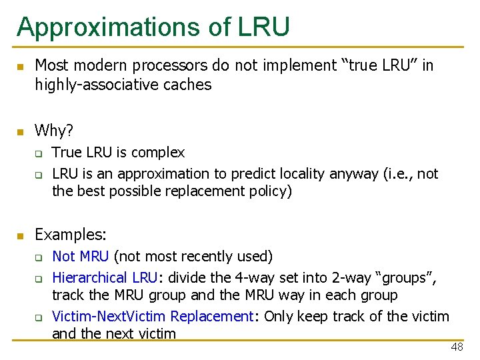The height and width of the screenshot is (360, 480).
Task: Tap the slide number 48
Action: (457, 347)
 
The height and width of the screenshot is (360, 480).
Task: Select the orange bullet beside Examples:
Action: (21, 235)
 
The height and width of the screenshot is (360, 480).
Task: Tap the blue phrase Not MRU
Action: (80, 257)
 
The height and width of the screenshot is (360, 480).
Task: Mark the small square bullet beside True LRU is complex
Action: (39, 154)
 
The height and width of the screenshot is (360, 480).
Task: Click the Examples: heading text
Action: (70, 235)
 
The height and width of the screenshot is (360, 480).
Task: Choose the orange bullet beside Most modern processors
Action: (21, 67)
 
